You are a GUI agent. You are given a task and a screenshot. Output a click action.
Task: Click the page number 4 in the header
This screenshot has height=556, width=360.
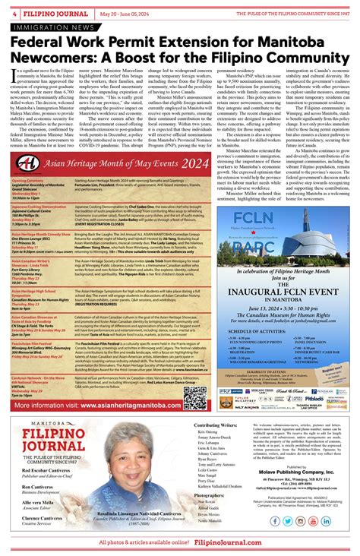pyautogui.click(x=14, y=13)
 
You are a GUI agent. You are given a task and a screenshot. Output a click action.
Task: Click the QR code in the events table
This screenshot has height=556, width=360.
pyautogui.click(x=195, y=396)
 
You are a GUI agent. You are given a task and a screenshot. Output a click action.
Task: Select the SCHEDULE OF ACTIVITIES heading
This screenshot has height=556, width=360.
pyautogui.click(x=249, y=332)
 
